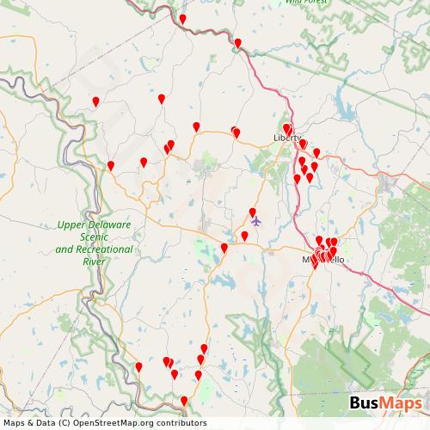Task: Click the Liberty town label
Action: coord(286,138)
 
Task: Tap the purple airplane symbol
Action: coord(255,222)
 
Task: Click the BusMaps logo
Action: coord(384,404)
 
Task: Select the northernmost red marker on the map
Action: coord(182,19)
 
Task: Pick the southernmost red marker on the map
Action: coord(184,400)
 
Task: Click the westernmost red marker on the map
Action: coord(96,101)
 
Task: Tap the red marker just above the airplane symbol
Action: coord(253,212)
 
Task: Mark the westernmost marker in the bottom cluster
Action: coord(138,367)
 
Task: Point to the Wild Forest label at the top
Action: coord(306,3)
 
